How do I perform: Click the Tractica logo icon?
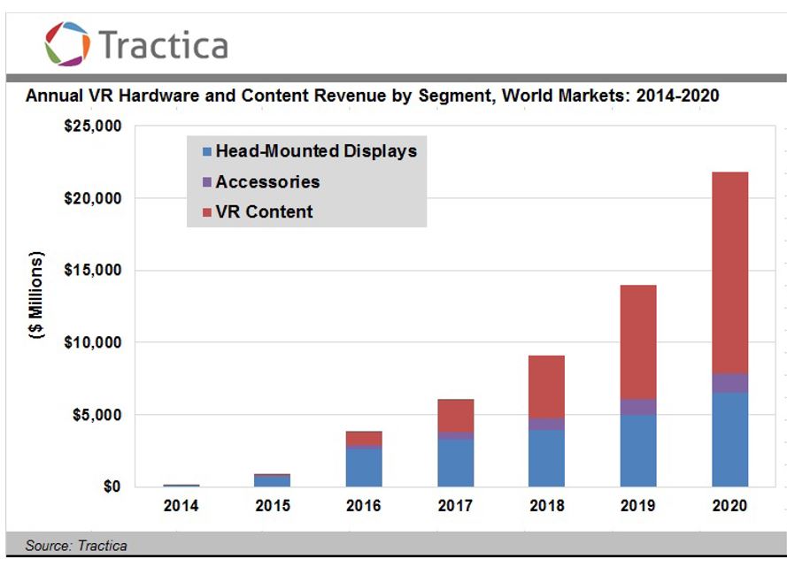pyautogui.click(x=67, y=43)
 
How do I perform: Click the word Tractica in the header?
pyautogui.click(x=163, y=44)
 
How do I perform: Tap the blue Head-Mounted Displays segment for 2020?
pyautogui.click(x=730, y=439)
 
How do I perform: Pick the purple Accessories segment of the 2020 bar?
pyautogui.click(x=730, y=383)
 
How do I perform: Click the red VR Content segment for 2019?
pyautogui.click(x=638, y=341)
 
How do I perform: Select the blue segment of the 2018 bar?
pyautogui.click(x=547, y=457)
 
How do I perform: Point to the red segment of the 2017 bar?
pyautogui.click(x=455, y=416)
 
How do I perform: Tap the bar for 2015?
pyautogui.click(x=273, y=480)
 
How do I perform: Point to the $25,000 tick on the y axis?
pyautogui.click(x=93, y=126)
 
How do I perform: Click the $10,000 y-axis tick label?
pyautogui.click(x=93, y=342)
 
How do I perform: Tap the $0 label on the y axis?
pyautogui.click(x=112, y=487)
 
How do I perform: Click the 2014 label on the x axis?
pyautogui.click(x=181, y=507)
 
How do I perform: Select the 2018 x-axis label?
pyautogui.click(x=547, y=507)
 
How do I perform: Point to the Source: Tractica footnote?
pyautogui.click(x=76, y=546)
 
